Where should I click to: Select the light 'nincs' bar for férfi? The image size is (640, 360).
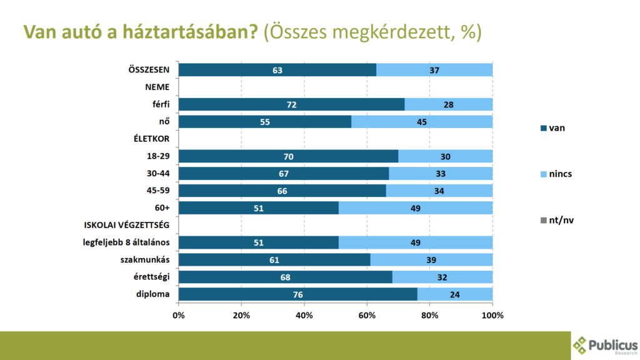point(448,104)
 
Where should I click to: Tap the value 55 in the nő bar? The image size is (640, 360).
point(264,122)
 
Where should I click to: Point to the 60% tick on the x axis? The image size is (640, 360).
point(367,315)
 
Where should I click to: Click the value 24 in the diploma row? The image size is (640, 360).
point(454,294)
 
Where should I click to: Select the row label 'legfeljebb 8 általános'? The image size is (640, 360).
point(126,242)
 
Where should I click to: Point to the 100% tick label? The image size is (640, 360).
point(492,315)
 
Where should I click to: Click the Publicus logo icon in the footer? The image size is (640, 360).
point(581,345)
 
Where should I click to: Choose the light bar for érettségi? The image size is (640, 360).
point(442,277)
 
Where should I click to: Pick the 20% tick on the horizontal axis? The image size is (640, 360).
point(241,315)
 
